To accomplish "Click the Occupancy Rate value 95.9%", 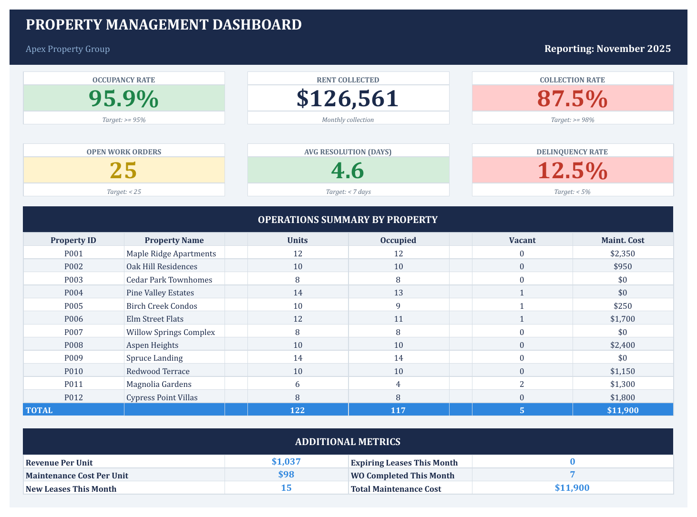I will [x=123, y=99].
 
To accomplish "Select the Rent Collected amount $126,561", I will [x=348, y=99].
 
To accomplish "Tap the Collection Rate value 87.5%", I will [x=572, y=99].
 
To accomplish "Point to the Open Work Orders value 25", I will [x=123, y=171].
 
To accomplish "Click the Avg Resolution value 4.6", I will [x=348, y=171].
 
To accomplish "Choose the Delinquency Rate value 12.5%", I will [x=572, y=171].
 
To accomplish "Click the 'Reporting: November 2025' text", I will [x=607, y=49].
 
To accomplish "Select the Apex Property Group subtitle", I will [x=68, y=49].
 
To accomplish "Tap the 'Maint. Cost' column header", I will [x=622, y=240].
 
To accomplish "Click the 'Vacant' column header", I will [x=522, y=240].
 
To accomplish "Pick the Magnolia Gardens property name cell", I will [x=159, y=384].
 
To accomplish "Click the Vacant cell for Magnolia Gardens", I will [x=522, y=384].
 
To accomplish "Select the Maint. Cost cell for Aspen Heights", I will [x=622, y=345].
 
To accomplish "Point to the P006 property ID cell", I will [x=73, y=319].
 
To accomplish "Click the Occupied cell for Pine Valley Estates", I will [x=398, y=293].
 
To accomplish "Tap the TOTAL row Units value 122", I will [x=297, y=410].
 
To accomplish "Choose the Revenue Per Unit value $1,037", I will [x=286, y=461].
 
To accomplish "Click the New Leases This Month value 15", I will [x=286, y=488].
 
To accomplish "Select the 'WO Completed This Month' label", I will [x=402, y=476].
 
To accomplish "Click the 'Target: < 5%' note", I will [x=572, y=192].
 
